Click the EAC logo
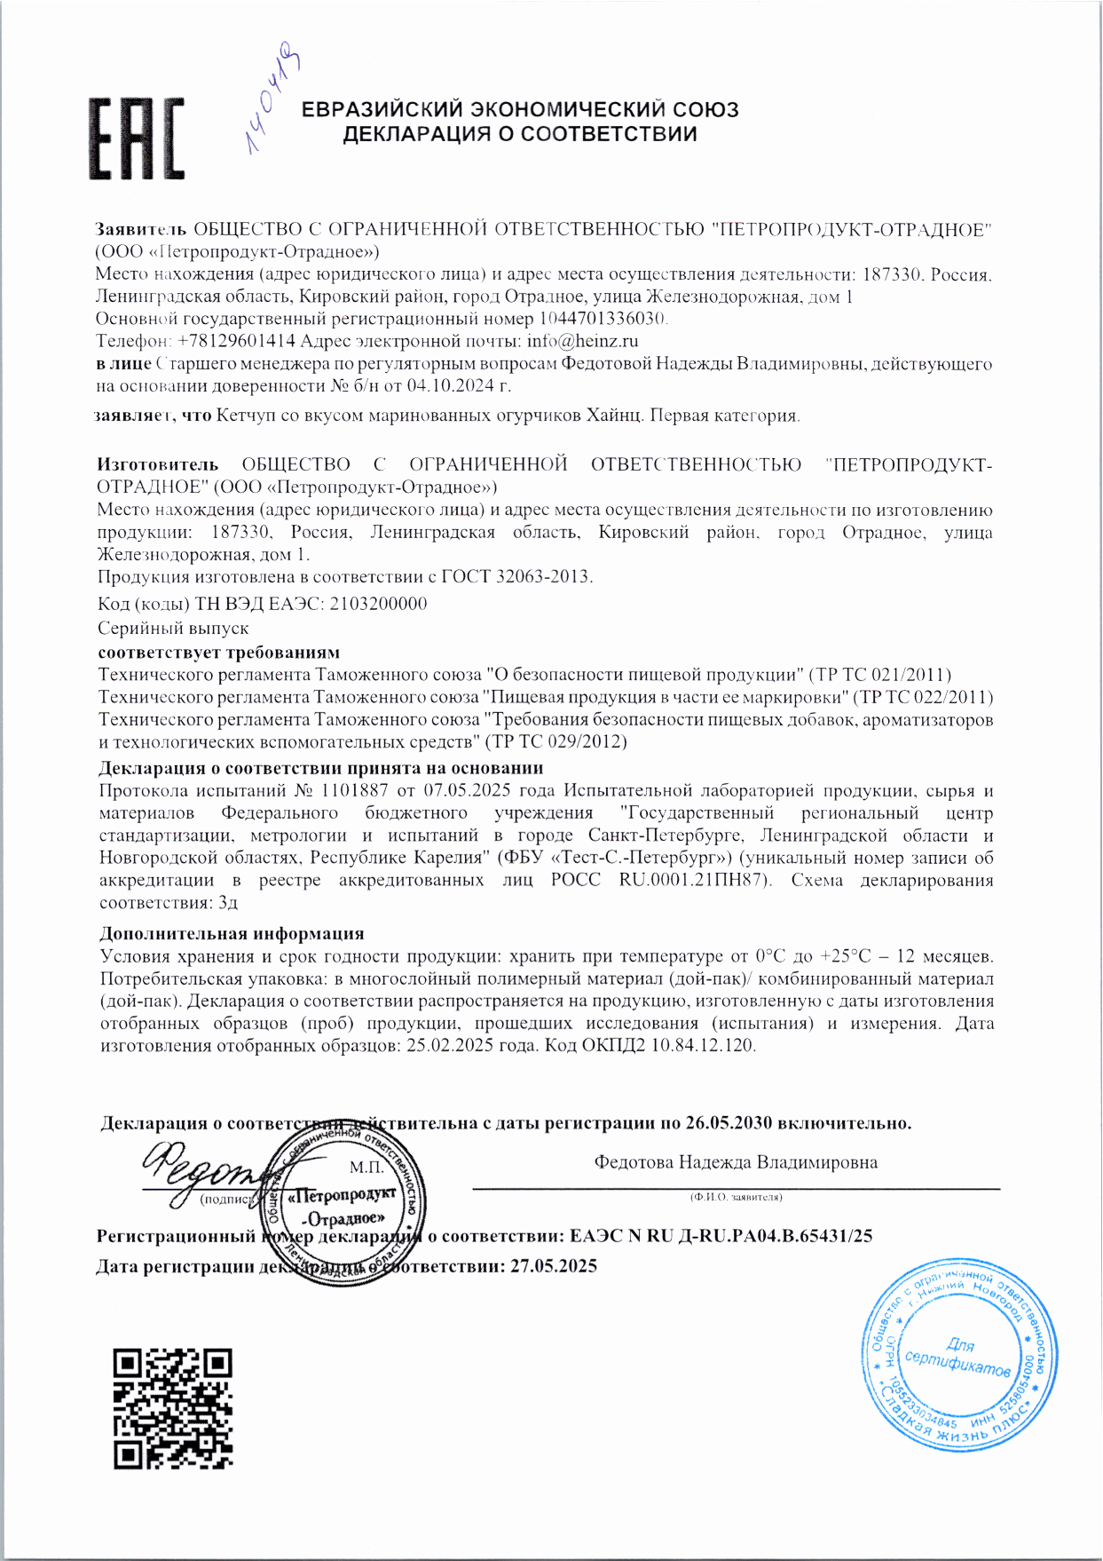pos(137,139)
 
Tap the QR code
pos(172,1408)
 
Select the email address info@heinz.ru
pos(582,341)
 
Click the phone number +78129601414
pos(236,341)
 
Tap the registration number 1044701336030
pos(603,318)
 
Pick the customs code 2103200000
pos(378,604)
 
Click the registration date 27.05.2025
pos(554,1265)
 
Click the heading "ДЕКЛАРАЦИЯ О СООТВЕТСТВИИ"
pos(520,134)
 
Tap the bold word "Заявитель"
pos(141,229)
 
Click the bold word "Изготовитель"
pos(157,464)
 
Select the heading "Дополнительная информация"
pos(232,933)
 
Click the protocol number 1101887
pos(354,790)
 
